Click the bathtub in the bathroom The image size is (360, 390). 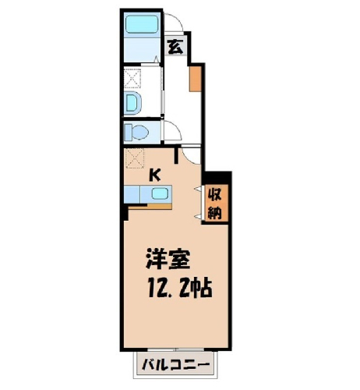[x=142, y=25]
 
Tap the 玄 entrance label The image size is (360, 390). [x=175, y=47]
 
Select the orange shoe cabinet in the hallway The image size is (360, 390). [x=195, y=79]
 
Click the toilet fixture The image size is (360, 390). [x=136, y=133]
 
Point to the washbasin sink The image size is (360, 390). [x=132, y=103]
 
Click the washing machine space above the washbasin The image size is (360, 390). [x=132, y=78]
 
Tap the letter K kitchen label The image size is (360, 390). [x=154, y=175]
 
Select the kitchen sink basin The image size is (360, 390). [x=159, y=193]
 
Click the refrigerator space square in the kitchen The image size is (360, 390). [x=134, y=158]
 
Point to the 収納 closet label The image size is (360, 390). [x=216, y=203]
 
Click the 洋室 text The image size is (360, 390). [x=168, y=258]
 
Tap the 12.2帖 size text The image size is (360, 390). [x=180, y=288]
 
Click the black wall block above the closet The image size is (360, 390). [x=217, y=178]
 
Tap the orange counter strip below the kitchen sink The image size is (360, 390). [x=150, y=207]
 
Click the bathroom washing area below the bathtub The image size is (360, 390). [x=142, y=50]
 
